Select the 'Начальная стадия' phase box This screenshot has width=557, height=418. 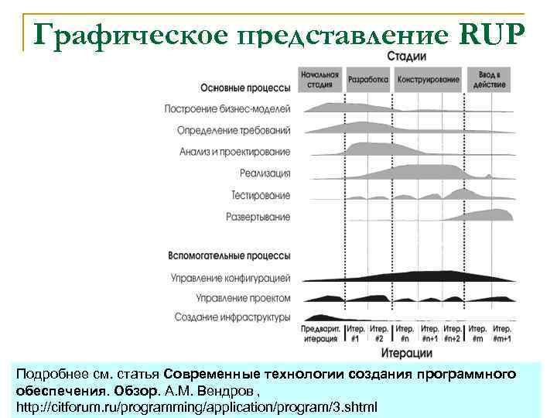(x=320, y=80)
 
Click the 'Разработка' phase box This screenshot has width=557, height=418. (x=368, y=80)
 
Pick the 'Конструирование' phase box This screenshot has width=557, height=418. (x=429, y=80)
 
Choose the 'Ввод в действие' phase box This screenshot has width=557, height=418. (x=490, y=80)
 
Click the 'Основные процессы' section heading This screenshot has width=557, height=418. (x=245, y=87)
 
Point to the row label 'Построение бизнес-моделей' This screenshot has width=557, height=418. (x=227, y=109)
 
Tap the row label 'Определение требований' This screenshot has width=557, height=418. (x=234, y=130)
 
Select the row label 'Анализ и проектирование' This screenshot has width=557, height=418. (x=234, y=152)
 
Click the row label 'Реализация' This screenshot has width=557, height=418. (x=265, y=173)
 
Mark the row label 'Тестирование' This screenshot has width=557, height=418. (x=261, y=195)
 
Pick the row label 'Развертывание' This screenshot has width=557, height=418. (x=258, y=217)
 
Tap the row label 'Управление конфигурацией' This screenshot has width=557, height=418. (x=231, y=277)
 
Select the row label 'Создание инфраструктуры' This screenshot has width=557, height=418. (x=232, y=317)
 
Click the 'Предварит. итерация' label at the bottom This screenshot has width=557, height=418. (x=320, y=334)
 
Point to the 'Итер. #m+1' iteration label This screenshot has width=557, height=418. (x=501, y=334)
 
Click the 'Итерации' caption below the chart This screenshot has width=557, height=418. (x=406, y=354)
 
